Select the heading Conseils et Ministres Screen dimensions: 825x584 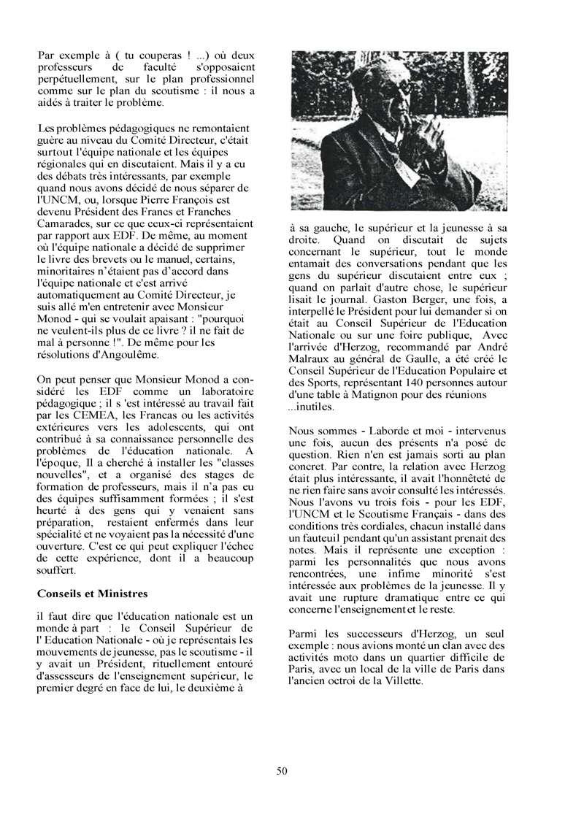coord(92,593)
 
